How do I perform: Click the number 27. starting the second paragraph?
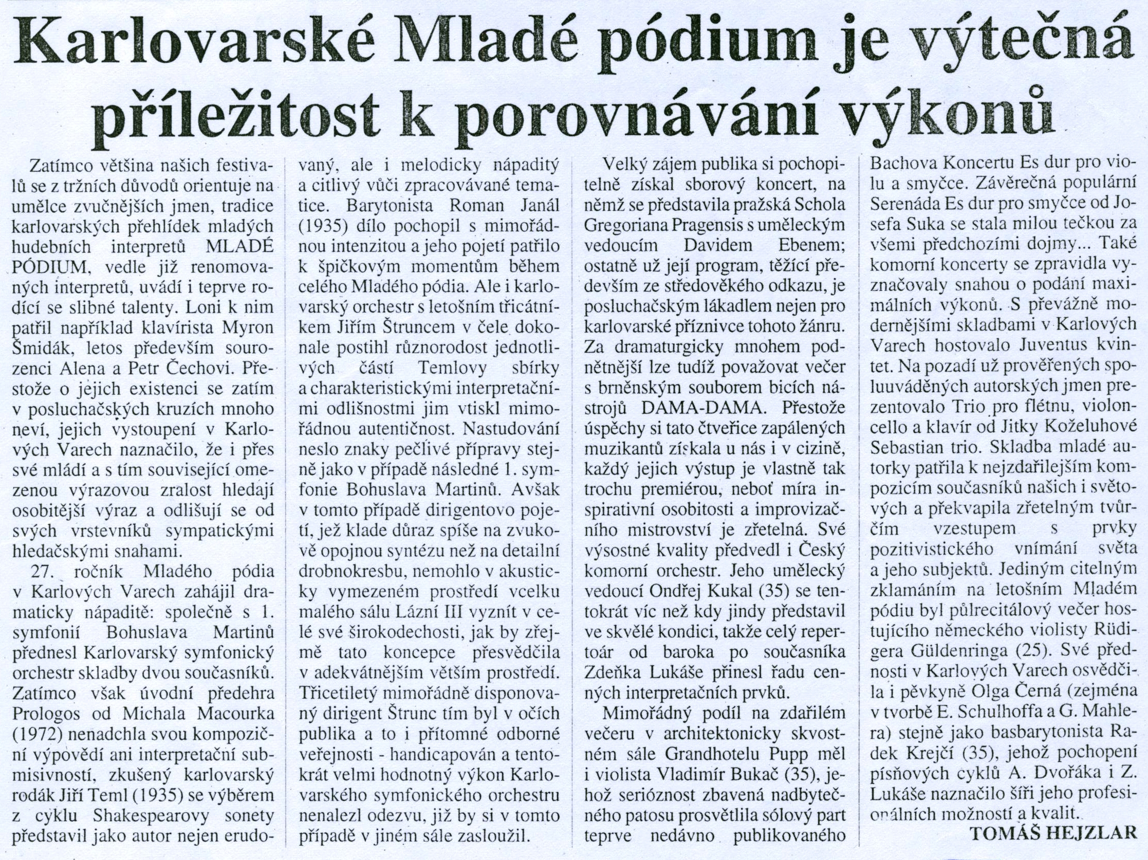[x=40, y=572]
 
